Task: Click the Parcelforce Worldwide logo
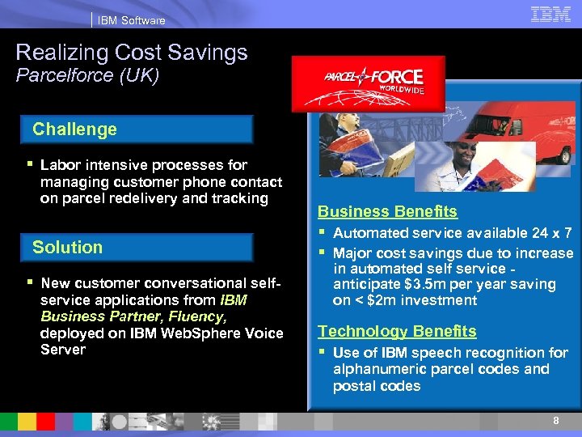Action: point(368,83)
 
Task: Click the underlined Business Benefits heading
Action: point(387,212)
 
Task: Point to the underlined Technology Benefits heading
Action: point(397,331)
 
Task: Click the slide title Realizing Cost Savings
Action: point(132,53)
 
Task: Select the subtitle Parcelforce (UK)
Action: point(87,76)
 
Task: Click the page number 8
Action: point(555,422)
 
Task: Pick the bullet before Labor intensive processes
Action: point(30,165)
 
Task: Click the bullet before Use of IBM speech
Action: point(323,353)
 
